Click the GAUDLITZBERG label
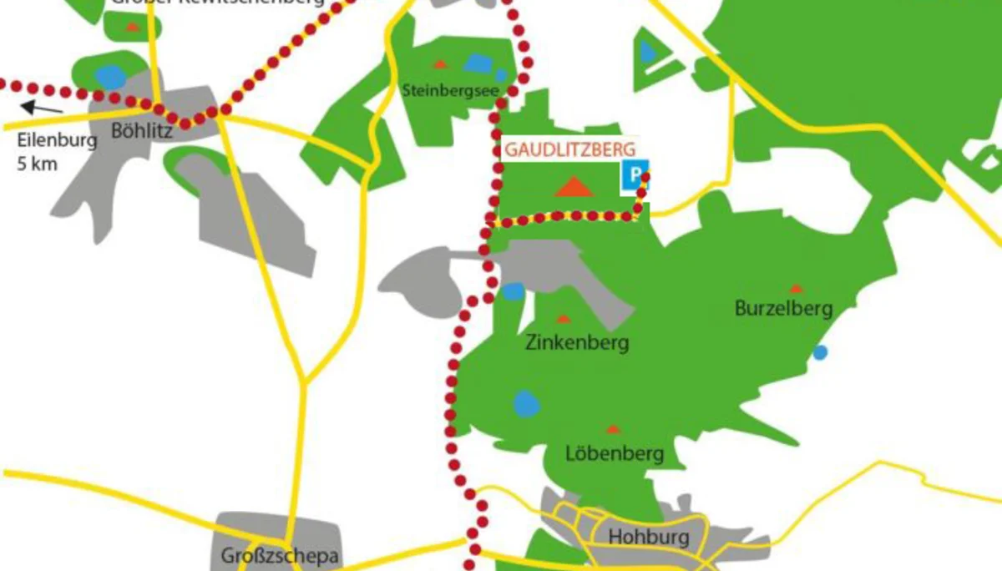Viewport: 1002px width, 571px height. [x=564, y=151]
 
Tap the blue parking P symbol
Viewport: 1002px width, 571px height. [x=635, y=175]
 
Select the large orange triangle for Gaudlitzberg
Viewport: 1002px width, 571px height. [x=574, y=187]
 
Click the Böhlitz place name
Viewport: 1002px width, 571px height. [x=143, y=129]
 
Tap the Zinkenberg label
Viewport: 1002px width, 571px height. [x=577, y=342]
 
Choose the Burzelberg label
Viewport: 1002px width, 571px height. [x=783, y=309]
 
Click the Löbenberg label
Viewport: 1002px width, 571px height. [x=615, y=453]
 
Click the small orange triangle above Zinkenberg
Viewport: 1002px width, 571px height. [x=564, y=318]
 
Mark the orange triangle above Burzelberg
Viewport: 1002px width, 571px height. [x=795, y=288]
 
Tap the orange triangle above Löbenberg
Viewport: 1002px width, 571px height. [x=613, y=429]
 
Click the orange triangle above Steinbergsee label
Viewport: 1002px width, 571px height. [x=440, y=64]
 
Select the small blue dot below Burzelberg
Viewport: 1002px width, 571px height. [x=820, y=352]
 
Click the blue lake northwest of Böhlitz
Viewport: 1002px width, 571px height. [x=109, y=77]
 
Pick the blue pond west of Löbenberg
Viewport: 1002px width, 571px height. [x=526, y=404]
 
